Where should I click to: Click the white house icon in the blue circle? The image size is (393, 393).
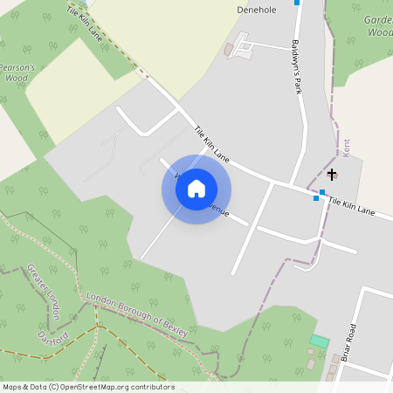pos(196,188)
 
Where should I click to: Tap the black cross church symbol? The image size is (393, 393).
pos(332,175)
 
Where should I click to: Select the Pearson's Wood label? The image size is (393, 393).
pos(17,72)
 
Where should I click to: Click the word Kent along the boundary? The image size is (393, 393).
pos(346,148)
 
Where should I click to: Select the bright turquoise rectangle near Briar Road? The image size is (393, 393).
pos(320,341)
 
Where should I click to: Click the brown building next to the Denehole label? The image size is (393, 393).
pos(230,51)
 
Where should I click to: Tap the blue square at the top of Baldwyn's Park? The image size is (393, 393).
pos(297,3)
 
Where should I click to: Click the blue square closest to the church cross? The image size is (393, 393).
pos(322,192)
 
